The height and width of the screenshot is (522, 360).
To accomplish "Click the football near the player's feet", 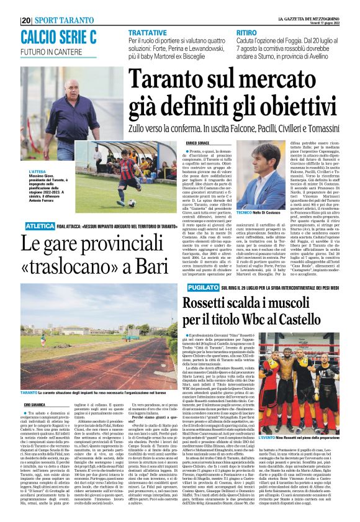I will pos(131,203).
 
